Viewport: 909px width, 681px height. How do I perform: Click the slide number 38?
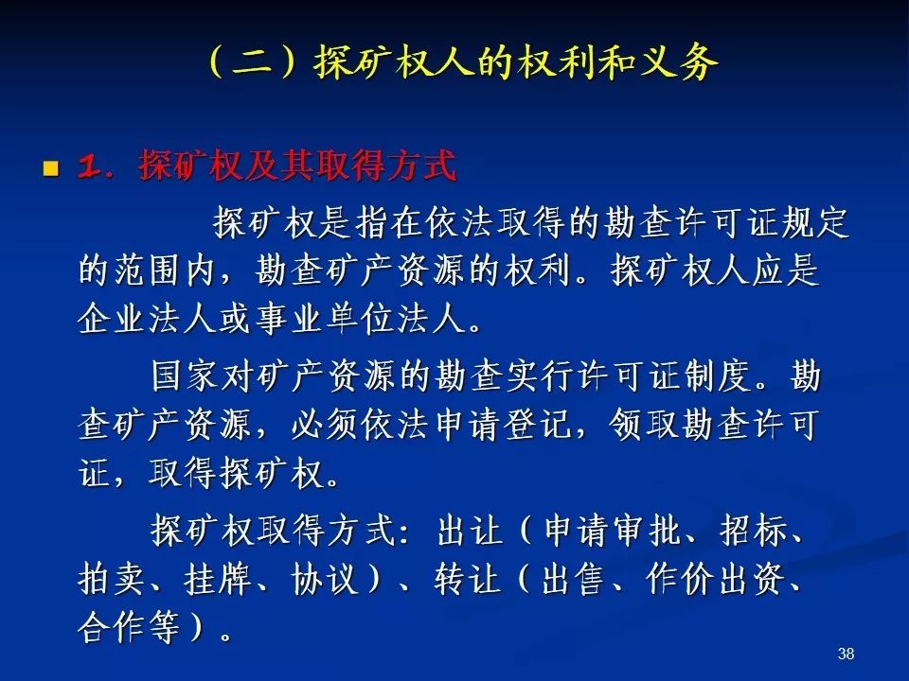tap(846, 654)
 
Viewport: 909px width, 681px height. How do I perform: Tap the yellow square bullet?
tap(51, 168)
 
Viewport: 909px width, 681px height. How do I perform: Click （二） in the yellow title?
tap(254, 62)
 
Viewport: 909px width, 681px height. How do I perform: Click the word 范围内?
tap(149, 270)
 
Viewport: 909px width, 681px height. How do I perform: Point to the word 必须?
tap(325, 425)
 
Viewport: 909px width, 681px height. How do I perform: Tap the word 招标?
tap(754, 530)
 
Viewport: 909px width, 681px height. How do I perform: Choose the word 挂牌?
tap(218, 579)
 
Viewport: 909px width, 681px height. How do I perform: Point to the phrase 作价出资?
tap(717, 579)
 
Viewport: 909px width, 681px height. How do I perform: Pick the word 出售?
tap(574, 579)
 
